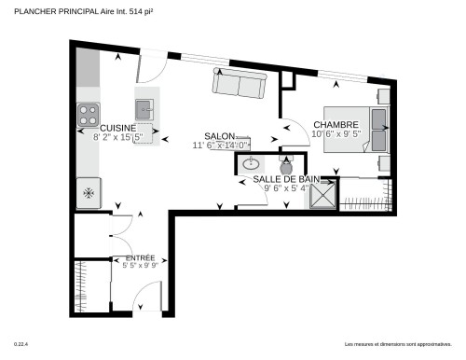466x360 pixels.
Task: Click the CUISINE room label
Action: [x=117, y=128]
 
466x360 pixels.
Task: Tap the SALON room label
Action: [x=220, y=135]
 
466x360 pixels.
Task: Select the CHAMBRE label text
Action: [x=336, y=125]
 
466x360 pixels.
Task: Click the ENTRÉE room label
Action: [x=127, y=256]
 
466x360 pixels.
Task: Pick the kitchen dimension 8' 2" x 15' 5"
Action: [x=117, y=137]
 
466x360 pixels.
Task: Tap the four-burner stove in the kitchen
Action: [x=88, y=115]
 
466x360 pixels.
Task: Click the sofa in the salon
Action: [x=240, y=85]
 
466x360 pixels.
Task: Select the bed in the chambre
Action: [x=379, y=130]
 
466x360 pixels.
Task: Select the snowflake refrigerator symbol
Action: [x=89, y=193]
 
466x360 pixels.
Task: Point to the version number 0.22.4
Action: [x=21, y=344]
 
